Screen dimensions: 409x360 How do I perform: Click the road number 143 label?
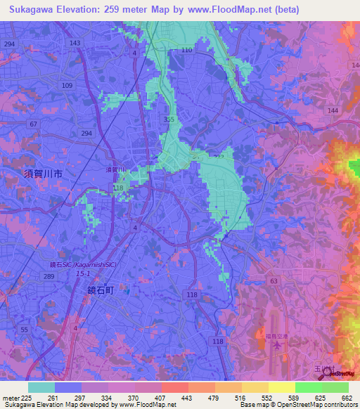click(x=75, y=43)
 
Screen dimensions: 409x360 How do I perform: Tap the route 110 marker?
click(x=186, y=51)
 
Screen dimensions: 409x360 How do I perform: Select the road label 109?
click(x=67, y=85)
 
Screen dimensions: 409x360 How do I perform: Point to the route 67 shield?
click(x=33, y=124)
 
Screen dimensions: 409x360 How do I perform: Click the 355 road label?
click(x=169, y=119)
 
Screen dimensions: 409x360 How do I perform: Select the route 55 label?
click(x=25, y=329)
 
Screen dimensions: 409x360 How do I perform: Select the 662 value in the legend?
click(x=346, y=398)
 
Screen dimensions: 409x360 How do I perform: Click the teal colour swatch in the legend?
click(x=41, y=387)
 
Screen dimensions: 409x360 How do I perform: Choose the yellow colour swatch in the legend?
click(x=282, y=387)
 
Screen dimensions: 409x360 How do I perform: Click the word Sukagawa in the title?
click(x=31, y=10)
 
